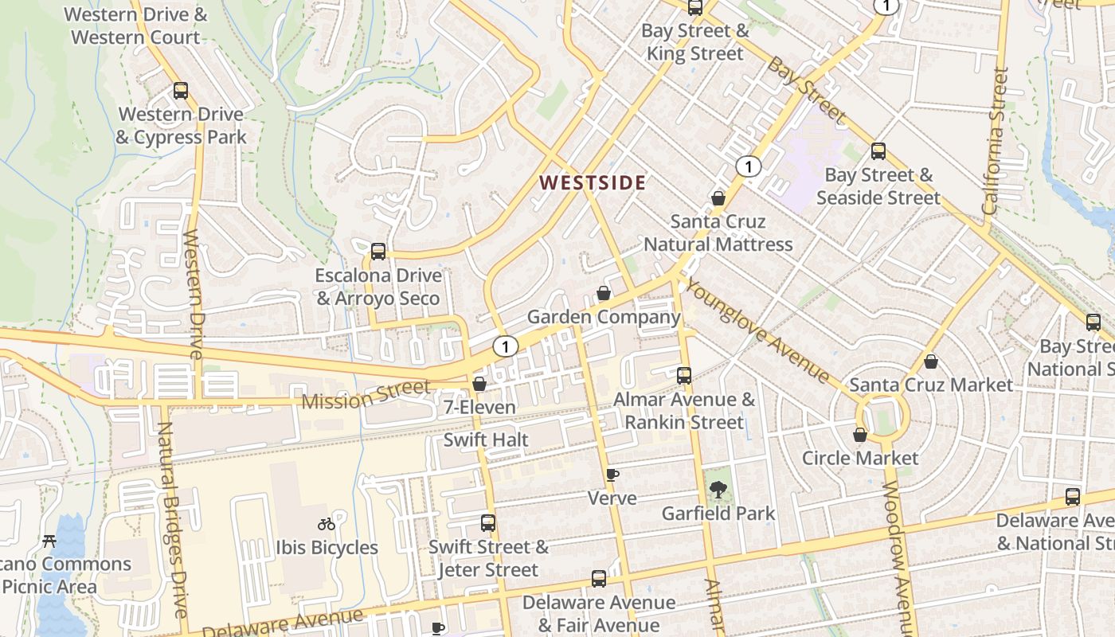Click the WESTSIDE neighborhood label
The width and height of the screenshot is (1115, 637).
point(593,182)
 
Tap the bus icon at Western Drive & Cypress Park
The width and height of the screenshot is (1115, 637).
point(181,91)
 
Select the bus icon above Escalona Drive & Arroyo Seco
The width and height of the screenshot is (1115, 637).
point(378,252)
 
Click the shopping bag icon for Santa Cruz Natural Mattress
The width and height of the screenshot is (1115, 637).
point(718,198)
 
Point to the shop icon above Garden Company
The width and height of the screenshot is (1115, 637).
point(604,293)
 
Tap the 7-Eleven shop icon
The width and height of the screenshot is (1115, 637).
point(479,384)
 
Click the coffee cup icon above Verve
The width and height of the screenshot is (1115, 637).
point(612,475)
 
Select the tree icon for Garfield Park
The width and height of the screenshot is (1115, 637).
point(718,489)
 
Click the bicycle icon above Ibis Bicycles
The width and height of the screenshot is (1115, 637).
point(327,524)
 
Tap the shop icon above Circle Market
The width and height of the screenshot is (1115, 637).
point(860,435)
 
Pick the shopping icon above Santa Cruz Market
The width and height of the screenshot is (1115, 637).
point(931,361)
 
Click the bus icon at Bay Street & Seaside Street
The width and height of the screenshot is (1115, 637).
point(878,151)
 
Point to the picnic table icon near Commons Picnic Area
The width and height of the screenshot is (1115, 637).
point(49,541)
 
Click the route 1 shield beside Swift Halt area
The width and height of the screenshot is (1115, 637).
point(505,346)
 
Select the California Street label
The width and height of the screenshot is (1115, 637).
point(995,142)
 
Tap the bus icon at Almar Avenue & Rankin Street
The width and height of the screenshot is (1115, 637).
point(684,375)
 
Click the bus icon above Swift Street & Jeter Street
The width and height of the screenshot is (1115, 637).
point(488,523)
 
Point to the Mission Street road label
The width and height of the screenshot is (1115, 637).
point(366,395)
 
